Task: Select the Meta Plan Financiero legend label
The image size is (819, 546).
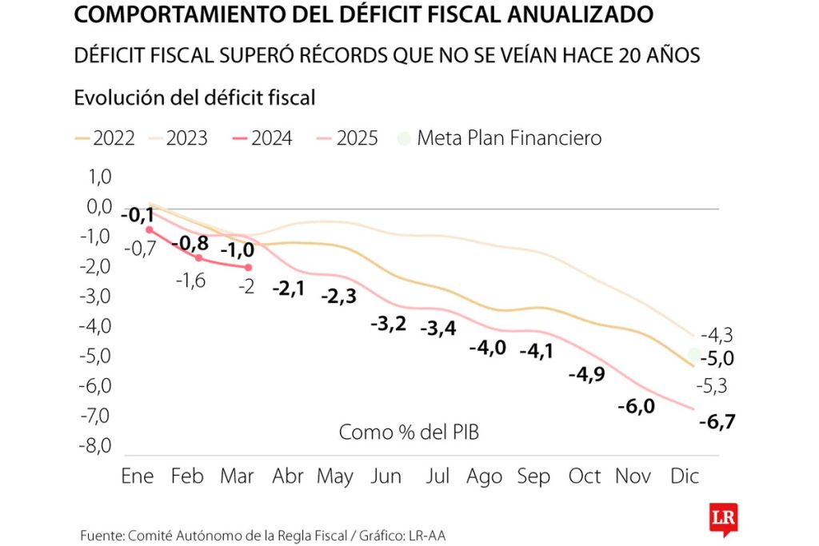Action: tap(509, 137)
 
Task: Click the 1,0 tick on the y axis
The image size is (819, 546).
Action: tap(100, 177)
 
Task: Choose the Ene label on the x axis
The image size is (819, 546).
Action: tap(138, 476)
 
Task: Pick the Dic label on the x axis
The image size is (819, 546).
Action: tap(685, 476)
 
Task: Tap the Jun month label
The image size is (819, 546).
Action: tap(386, 476)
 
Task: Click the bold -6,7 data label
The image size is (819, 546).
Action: tap(717, 421)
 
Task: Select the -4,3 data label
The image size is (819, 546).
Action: tap(717, 336)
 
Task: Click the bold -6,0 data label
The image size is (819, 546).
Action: tap(636, 406)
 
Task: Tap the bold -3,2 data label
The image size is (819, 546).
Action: tap(389, 325)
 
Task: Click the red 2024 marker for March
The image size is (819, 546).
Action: tap(248, 267)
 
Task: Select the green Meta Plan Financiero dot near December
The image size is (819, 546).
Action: tap(694, 354)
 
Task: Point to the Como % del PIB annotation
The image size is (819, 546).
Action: tap(409, 432)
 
